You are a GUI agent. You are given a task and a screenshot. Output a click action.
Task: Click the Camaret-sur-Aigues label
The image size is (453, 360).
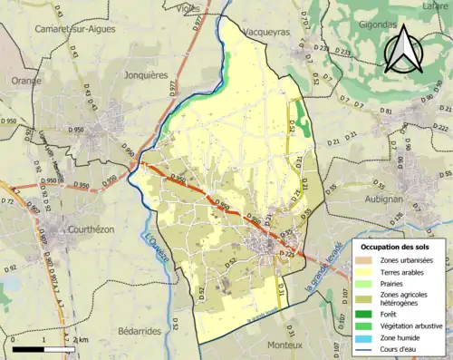(x=70, y=28)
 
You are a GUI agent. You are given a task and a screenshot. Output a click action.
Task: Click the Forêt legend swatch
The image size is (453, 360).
(x=365, y=313)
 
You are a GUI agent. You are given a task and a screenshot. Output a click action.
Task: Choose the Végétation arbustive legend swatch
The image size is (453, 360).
(x=365, y=326)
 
